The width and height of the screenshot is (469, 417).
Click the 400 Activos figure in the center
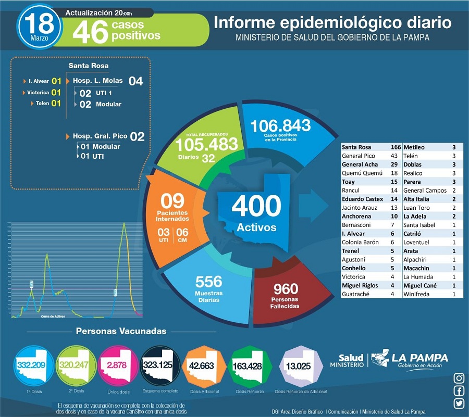pyautogui.click(x=256, y=206)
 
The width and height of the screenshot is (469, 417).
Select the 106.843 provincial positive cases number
pyautogui.click(x=280, y=125)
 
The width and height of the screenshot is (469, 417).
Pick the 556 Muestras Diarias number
pyautogui.click(x=208, y=282)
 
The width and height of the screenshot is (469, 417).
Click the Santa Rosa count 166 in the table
pyautogui.click(x=396, y=147)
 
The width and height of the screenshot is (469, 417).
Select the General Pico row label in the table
pyautogui.click(x=358, y=156)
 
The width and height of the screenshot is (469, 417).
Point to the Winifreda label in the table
pyautogui.click(x=416, y=294)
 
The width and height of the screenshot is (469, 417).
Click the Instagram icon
pyautogui.click(x=459, y=378)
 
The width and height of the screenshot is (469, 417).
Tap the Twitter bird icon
pyautogui.click(x=459, y=403)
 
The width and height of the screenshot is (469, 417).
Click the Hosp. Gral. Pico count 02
pyautogui.click(x=137, y=136)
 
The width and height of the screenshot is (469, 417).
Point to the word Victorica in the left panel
pyautogui.click(x=38, y=93)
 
